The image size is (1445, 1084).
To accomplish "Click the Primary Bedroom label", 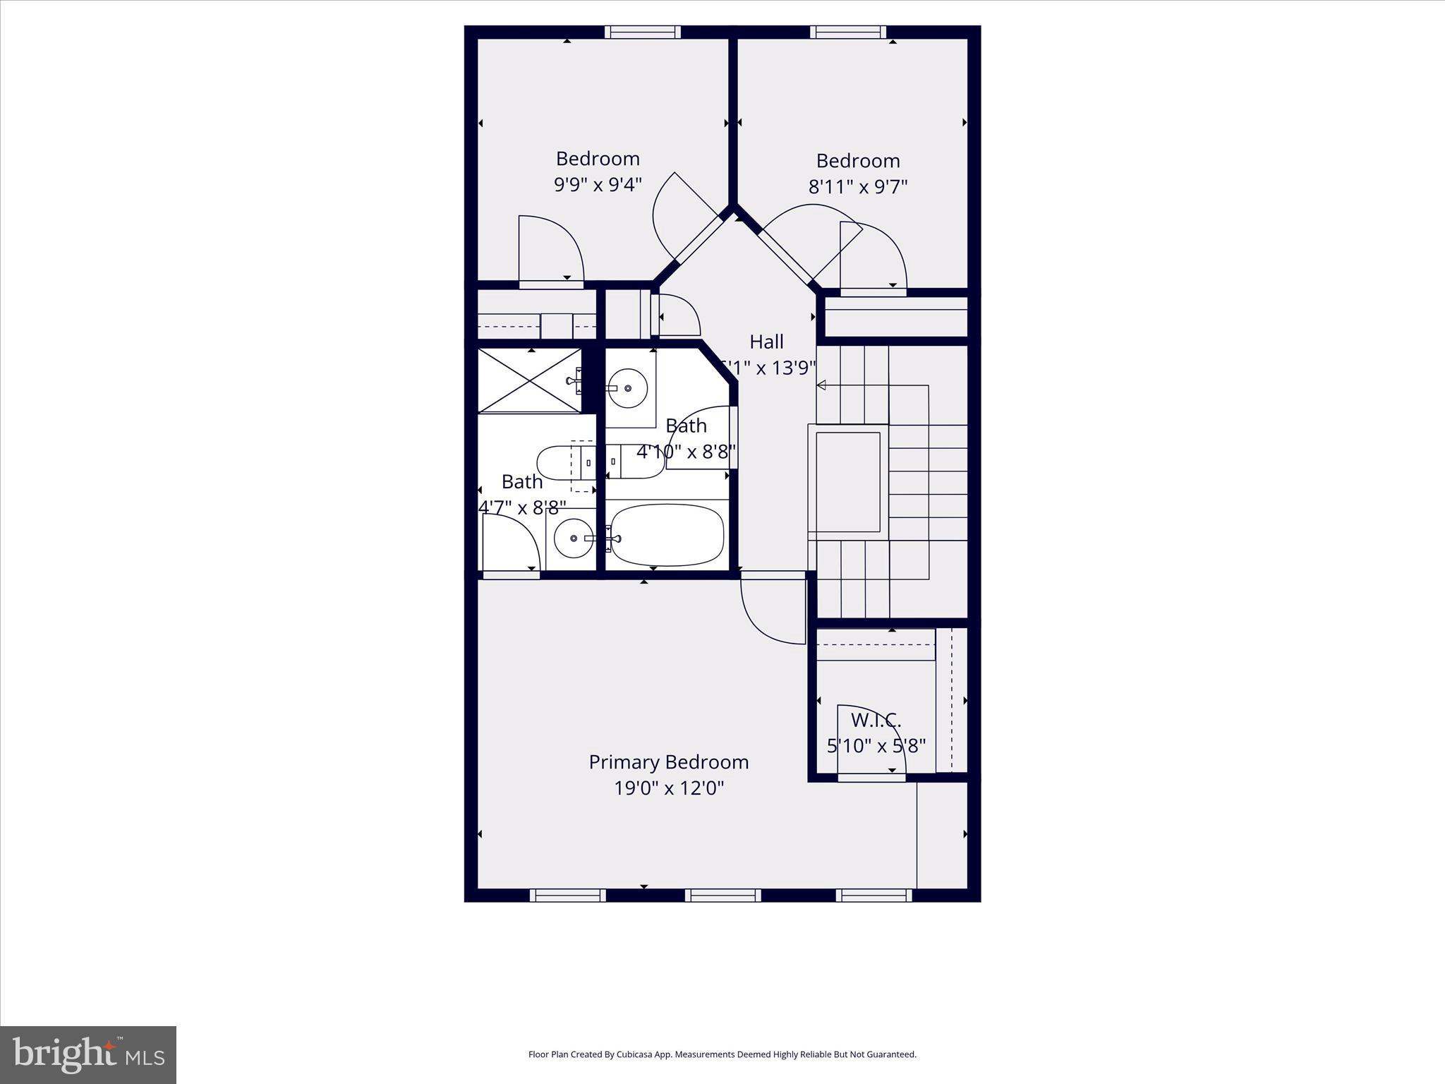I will pos(668,762).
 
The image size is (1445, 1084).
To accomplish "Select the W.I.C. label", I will pos(876,721).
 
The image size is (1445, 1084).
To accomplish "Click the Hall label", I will pos(766,342).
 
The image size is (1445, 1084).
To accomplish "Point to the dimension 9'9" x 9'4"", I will pos(598,185).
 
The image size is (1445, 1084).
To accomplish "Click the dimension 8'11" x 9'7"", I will pos(857,187).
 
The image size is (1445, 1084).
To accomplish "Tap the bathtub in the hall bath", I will pos(667,534).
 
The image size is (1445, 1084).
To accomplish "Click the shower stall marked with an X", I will pos(529,380).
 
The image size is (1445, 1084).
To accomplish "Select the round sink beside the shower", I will pos(627,388).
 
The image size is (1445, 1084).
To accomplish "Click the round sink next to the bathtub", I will pos(573,538).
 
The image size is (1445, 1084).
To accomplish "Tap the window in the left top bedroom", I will pos(643,32).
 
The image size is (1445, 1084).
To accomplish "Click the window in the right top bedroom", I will pos(847,32).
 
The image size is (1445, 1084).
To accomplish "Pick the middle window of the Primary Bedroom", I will pos(722,896).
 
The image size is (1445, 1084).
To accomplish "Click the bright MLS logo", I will pos(88,1055).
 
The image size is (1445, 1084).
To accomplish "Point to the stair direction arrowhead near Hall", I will pos(821,385).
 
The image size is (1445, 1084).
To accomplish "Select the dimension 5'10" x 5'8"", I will pos(876,746).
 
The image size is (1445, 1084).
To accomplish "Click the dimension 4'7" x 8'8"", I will pos(522,508).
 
